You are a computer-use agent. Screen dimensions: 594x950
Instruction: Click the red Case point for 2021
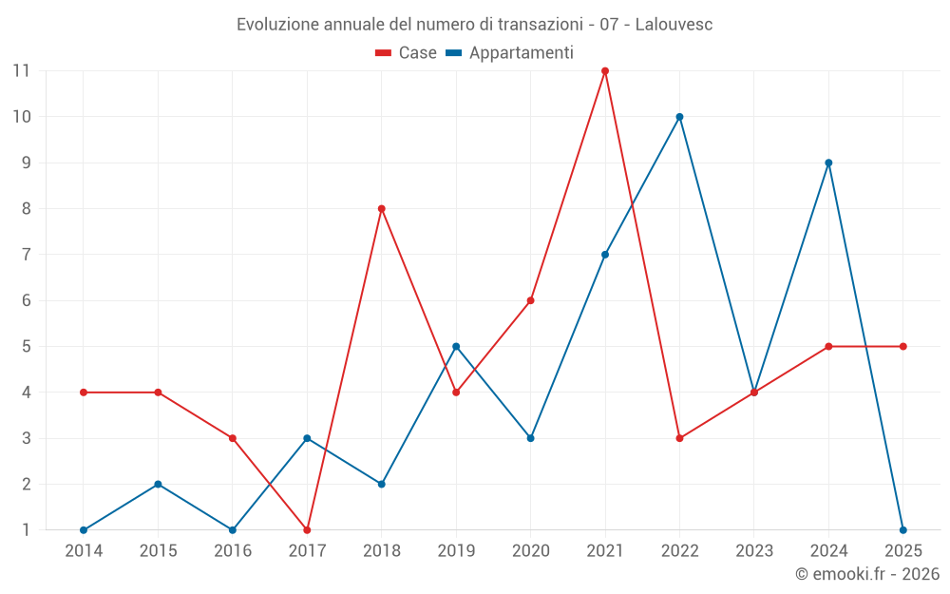tap(605, 71)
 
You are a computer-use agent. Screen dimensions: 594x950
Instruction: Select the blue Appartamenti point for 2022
tap(679, 117)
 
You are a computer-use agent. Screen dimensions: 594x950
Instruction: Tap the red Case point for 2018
tap(382, 209)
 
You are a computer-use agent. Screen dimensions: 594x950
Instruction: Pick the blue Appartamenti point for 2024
tap(828, 163)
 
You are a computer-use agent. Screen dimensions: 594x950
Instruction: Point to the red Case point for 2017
tap(307, 530)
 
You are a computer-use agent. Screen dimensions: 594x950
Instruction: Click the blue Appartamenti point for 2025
tap(902, 530)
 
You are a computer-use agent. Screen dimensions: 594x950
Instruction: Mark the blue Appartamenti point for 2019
tap(456, 347)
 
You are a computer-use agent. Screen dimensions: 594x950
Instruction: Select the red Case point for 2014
tap(84, 393)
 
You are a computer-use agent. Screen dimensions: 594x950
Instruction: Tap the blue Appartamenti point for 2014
tap(84, 530)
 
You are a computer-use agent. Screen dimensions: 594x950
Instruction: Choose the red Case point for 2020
tap(530, 300)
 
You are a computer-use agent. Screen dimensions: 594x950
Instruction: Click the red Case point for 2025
tap(902, 347)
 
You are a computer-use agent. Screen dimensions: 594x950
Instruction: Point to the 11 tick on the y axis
tap(21, 70)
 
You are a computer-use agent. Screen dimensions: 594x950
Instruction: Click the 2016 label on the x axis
tap(233, 551)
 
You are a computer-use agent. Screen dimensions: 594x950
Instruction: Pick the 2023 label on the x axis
tap(754, 551)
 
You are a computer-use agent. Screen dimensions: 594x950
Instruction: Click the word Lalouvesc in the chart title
tap(674, 25)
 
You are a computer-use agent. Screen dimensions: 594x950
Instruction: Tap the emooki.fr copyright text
tap(867, 574)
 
